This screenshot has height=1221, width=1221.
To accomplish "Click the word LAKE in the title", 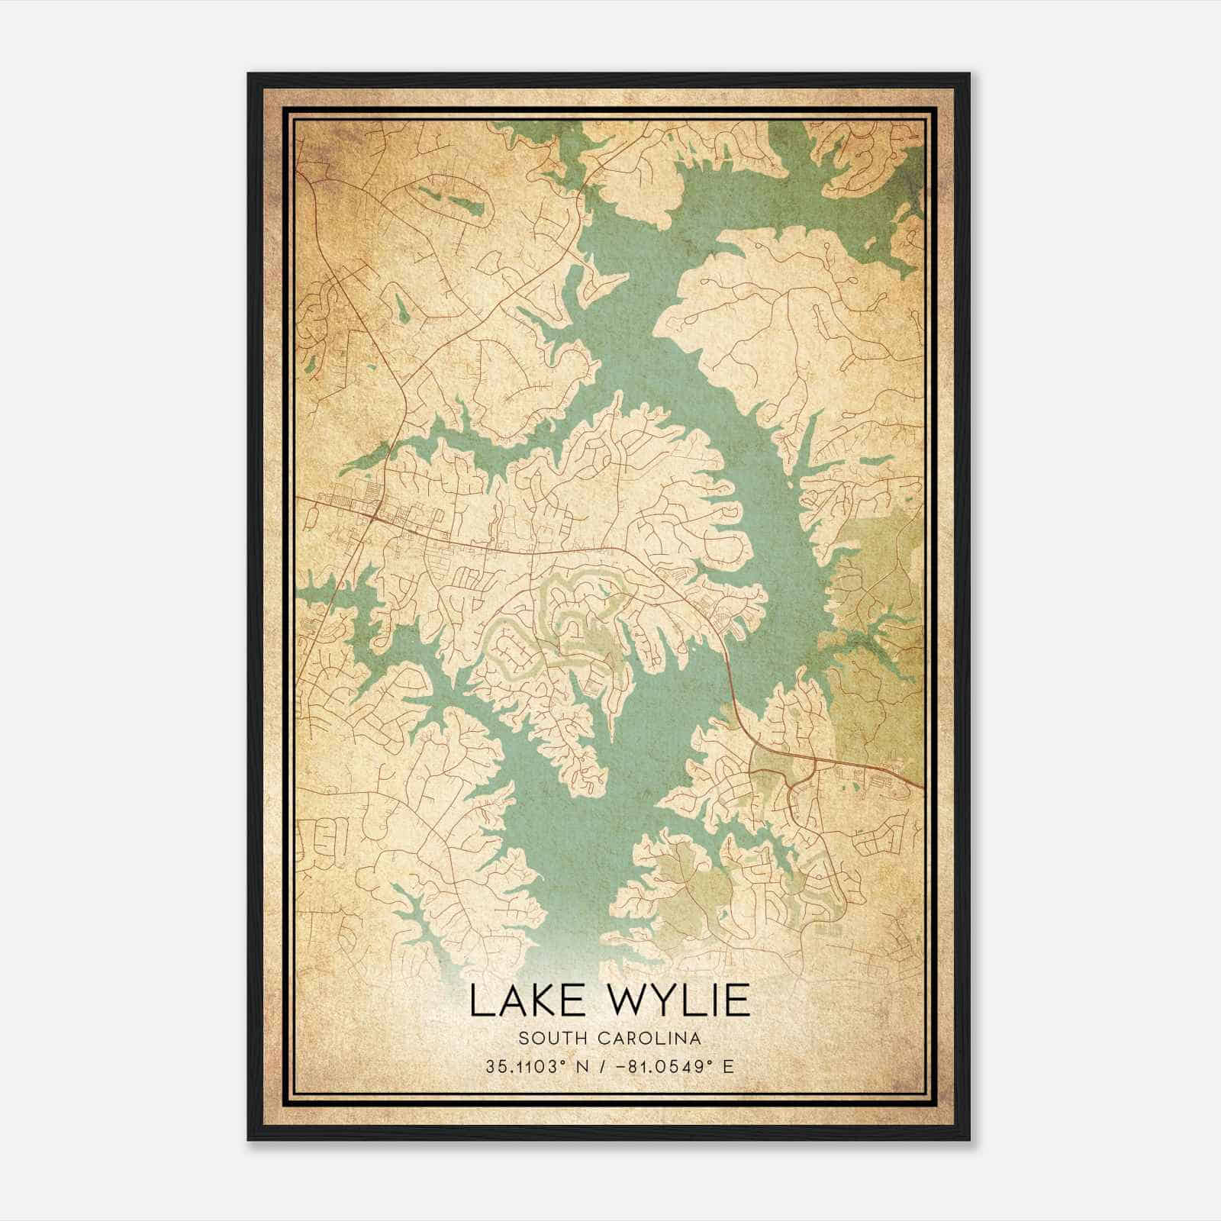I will click(518, 1000).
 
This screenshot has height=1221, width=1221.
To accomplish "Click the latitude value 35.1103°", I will click(527, 1066).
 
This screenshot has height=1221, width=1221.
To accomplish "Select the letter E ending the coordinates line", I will click(728, 1066).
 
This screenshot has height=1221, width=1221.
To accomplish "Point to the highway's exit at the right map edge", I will click(922, 786).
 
